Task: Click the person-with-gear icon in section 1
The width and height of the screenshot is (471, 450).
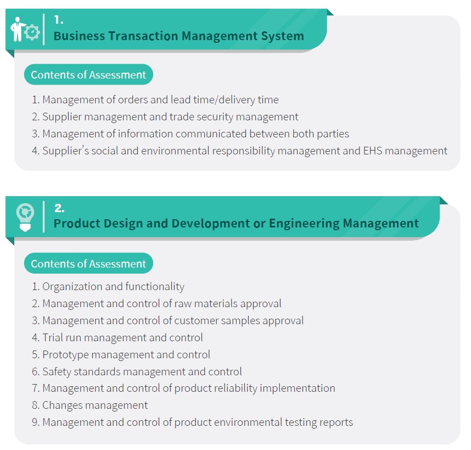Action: tap(25, 29)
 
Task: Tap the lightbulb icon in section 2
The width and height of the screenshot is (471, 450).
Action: tap(25, 217)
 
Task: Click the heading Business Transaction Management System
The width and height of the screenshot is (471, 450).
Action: tap(179, 36)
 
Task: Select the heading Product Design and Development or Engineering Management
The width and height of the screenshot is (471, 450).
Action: tap(236, 224)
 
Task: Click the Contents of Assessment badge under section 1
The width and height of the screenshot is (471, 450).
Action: tap(88, 75)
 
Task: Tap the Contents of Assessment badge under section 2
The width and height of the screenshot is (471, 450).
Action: tap(88, 264)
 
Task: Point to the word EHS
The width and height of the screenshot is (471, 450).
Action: tap(373, 151)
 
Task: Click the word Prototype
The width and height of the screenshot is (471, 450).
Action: tap(65, 355)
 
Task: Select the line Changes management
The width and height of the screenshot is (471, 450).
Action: tap(90, 405)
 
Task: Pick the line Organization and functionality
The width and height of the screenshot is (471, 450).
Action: tap(108, 287)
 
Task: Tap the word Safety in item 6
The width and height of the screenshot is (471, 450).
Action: tap(57, 372)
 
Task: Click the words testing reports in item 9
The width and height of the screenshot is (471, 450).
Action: tap(319, 423)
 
